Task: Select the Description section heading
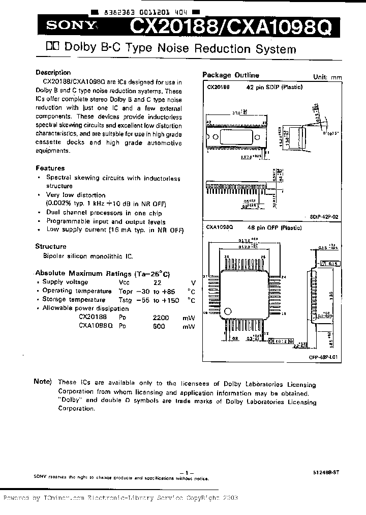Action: [x=53, y=72]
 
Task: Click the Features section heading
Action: [x=50, y=168]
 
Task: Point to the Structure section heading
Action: [x=51, y=246]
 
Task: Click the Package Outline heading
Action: [x=230, y=75]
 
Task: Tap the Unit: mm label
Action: [x=327, y=77]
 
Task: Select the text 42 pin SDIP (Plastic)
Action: [x=274, y=87]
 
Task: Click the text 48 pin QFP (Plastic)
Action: [x=274, y=227]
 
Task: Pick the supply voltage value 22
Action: [x=158, y=282]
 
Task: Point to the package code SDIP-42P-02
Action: [x=324, y=217]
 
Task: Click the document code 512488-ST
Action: [x=326, y=472]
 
